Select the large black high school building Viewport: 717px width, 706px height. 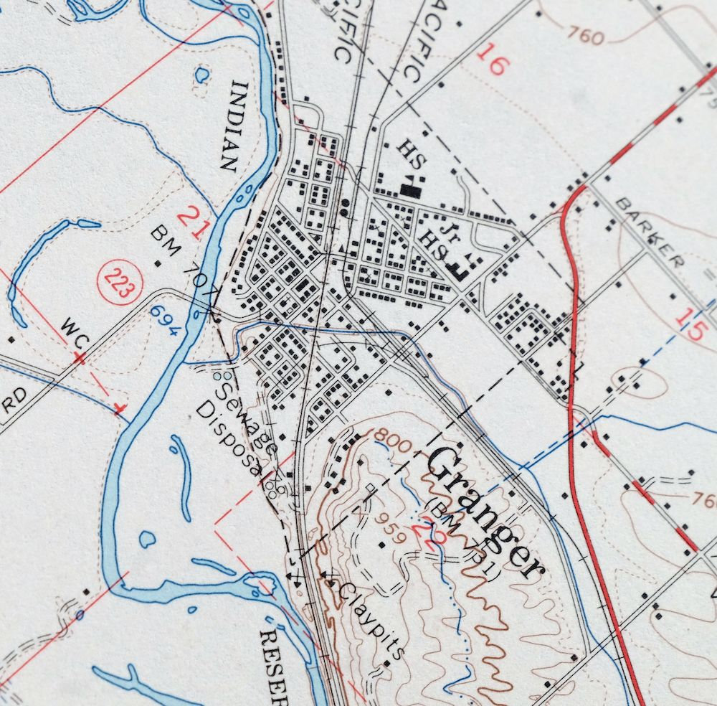412,189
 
